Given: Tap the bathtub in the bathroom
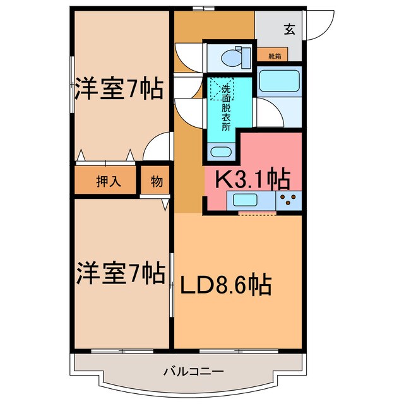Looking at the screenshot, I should coord(280,81).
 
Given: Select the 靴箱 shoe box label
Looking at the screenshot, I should coord(275,56).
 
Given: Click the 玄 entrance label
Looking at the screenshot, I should coord(289,28).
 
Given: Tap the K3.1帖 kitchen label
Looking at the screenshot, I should coord(253,179).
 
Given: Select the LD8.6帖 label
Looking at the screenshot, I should coord(226,285).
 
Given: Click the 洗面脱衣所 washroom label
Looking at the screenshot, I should coord(225,107).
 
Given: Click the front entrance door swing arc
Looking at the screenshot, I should coord(322,25).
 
